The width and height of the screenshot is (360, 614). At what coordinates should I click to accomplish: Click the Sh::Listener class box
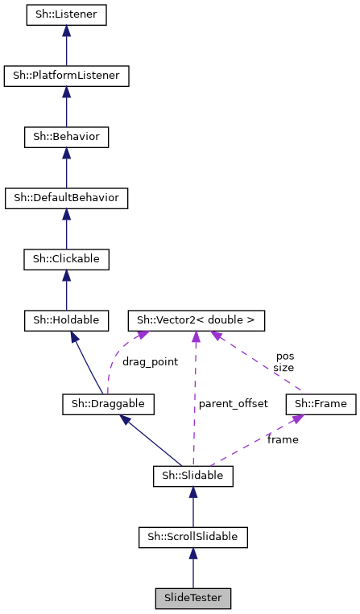pos(66,14)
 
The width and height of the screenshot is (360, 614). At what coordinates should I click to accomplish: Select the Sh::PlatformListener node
pos(66,76)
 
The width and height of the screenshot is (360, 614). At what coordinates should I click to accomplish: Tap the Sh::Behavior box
pos(66,137)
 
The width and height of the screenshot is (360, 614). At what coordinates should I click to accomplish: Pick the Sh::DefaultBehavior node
pos(66,197)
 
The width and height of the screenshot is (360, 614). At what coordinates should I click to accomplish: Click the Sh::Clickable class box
pos(66,259)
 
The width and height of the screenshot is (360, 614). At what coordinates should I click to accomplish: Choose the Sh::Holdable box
pos(66,320)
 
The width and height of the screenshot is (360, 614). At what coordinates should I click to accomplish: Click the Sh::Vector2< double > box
pos(196,320)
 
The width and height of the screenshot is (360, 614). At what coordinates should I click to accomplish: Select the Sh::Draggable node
pos(108,402)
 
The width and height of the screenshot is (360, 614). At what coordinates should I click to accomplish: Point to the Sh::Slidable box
pos(192,476)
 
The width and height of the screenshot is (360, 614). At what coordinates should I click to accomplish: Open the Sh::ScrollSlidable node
pos(192,536)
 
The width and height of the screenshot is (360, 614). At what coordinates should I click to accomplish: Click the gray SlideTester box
pos(192,598)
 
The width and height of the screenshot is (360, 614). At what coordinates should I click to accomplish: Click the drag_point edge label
pos(150,362)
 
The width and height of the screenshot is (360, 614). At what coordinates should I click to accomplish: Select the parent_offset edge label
pos(233,403)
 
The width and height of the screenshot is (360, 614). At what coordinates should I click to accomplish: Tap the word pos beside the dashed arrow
pos(285,355)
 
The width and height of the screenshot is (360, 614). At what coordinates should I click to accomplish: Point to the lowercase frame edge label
pos(283,439)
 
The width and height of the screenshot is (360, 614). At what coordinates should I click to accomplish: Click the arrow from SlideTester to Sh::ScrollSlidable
pos(192,567)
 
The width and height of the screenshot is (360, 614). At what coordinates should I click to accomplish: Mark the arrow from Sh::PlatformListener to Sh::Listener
pos(66,46)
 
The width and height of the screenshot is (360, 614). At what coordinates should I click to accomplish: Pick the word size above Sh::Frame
pos(284,367)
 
